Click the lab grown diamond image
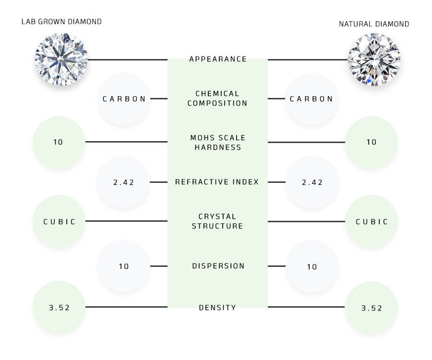[x=61, y=60]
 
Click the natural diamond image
[x=374, y=60]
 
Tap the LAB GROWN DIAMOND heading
[x=61, y=22]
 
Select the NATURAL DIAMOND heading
[x=374, y=24]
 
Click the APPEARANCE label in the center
[x=218, y=59]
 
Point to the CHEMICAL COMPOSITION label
[x=217, y=98]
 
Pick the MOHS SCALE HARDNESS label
[x=217, y=143]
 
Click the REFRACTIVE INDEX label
[x=217, y=182]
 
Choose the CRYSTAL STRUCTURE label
[x=217, y=221]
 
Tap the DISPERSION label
[x=218, y=266]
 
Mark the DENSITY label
[x=217, y=308]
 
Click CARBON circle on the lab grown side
[x=124, y=99]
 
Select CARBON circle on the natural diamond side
[x=312, y=99]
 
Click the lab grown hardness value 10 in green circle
[x=59, y=142]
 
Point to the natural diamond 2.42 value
[x=312, y=182]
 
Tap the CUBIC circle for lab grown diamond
[x=60, y=222]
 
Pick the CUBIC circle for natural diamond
[x=372, y=222]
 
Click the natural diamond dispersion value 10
[x=312, y=266]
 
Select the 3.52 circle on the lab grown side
[x=59, y=308]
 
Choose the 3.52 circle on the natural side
[x=372, y=308]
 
